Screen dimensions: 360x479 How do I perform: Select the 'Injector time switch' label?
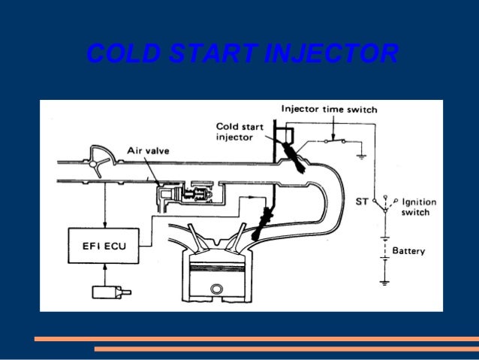[x=329, y=110]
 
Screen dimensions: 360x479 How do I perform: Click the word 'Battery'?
[x=409, y=251]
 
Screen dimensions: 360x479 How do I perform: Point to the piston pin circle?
[x=217, y=289]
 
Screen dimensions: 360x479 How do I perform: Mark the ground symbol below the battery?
[x=384, y=283]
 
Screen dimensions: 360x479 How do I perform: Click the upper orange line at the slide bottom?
[x=256, y=339]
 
